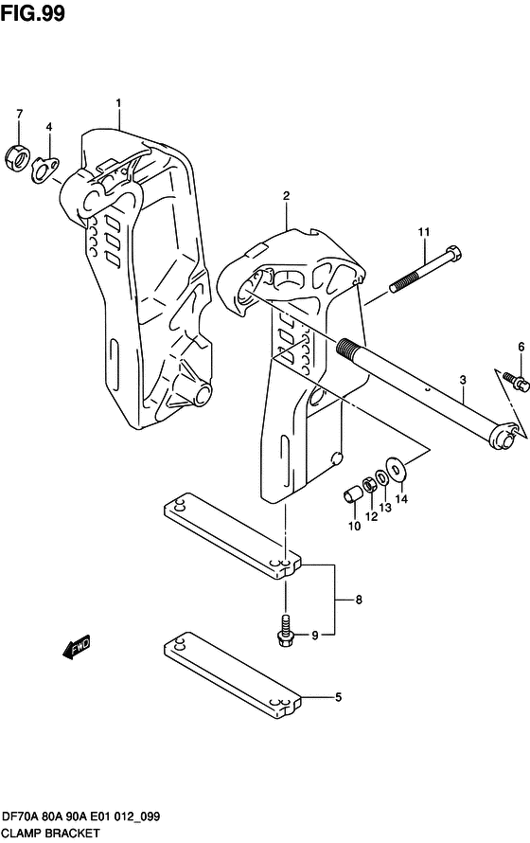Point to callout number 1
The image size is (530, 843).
(x=119, y=102)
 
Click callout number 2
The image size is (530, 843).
(x=285, y=196)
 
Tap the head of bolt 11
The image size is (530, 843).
(x=451, y=253)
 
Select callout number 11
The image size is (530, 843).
(x=425, y=232)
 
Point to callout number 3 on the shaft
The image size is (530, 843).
(x=463, y=381)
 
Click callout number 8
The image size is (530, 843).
(x=359, y=600)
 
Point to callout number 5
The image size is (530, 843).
(x=338, y=699)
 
